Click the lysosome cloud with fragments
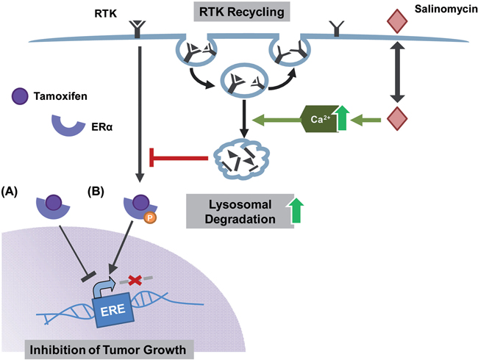click(x=240, y=156)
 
